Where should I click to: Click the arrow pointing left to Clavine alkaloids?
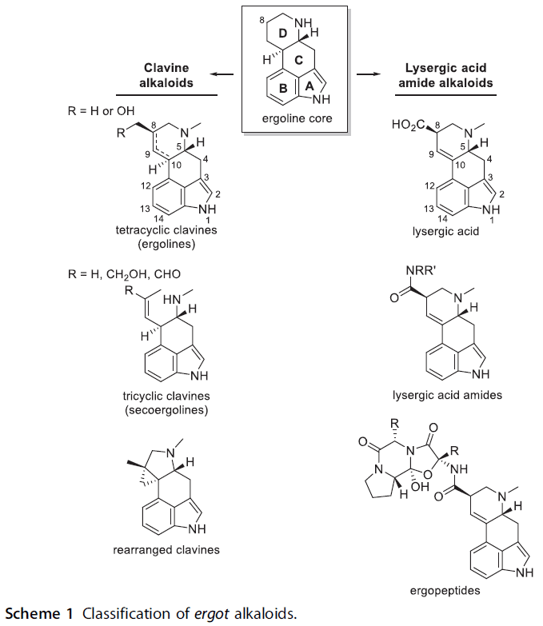click(x=223, y=75)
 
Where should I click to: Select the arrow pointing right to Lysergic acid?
click(x=368, y=75)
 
